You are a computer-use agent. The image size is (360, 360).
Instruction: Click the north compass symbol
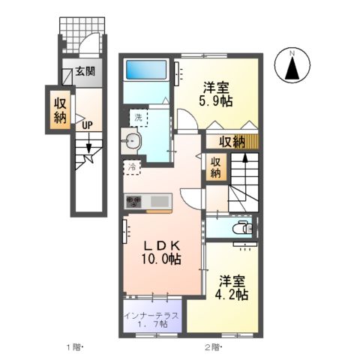click(x=293, y=66)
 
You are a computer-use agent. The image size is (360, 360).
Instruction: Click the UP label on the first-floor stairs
click(x=88, y=126)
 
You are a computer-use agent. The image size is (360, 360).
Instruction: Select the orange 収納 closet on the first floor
click(x=60, y=109)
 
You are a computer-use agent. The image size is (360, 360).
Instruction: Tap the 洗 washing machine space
click(x=139, y=118)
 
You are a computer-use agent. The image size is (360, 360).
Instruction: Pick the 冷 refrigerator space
click(x=132, y=167)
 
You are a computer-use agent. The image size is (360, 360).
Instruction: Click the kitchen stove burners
click(x=133, y=201)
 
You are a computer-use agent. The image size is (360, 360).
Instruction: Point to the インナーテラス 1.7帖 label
click(x=151, y=320)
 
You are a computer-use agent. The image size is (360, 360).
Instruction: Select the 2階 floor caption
click(x=213, y=347)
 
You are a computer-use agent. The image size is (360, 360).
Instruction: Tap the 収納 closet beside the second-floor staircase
click(x=215, y=167)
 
